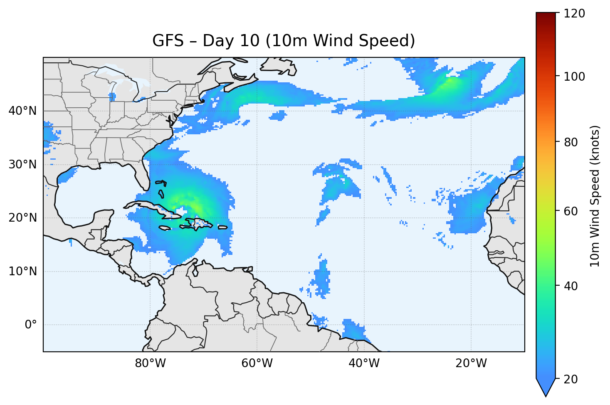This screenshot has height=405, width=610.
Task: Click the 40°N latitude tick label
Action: coord(22,111)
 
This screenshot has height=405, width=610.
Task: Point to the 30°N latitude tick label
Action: coord(22,165)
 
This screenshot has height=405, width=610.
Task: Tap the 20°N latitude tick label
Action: coord(22,218)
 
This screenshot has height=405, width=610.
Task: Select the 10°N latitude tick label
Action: coord(22,272)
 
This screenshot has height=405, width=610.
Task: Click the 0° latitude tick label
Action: coord(31,325)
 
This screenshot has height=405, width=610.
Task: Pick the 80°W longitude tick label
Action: coord(150,363)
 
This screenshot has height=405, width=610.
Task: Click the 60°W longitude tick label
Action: coord(257,363)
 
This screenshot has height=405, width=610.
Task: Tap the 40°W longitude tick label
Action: coord(364,363)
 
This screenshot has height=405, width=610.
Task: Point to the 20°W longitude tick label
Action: coord(471,363)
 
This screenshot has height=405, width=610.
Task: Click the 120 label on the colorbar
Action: coord(574,13)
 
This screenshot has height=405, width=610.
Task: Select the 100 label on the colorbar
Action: coord(574,77)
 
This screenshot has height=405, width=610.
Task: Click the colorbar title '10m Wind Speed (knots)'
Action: coord(595,196)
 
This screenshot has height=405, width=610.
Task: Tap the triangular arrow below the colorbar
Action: coord(546,387)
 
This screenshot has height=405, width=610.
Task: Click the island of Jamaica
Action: coord(165,228)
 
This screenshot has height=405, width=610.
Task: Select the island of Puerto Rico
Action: coord(222,227)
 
